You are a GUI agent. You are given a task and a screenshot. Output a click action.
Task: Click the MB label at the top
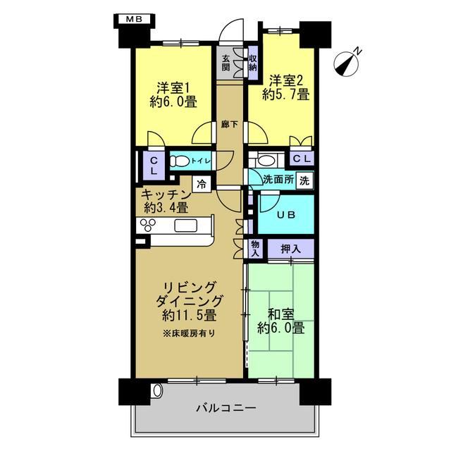[135, 19]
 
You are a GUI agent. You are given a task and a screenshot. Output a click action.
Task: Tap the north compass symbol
[347, 63]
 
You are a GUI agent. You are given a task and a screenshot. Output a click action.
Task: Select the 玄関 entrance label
[225, 63]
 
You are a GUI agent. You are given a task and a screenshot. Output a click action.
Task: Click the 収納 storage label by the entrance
[253, 63]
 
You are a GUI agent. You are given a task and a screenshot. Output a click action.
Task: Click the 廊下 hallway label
[230, 124]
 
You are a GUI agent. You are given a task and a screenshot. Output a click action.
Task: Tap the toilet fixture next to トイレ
[178, 161]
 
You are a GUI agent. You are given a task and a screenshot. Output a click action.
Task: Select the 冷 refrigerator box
[202, 184]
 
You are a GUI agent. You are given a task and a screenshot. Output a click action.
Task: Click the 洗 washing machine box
[304, 180]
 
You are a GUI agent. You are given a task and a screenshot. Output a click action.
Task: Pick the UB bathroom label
[286, 215]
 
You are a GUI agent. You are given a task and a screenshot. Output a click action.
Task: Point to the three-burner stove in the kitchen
[148, 225]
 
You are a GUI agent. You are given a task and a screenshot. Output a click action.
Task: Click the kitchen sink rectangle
[185, 225]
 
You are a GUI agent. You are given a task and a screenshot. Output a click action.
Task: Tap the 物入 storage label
[255, 249]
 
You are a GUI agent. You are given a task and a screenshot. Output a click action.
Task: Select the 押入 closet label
[291, 249]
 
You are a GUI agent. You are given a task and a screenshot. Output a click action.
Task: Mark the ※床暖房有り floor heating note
[189, 333]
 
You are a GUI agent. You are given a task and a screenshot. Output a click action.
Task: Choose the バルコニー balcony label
[226, 408]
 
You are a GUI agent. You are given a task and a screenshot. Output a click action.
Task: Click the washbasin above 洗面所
[266, 161]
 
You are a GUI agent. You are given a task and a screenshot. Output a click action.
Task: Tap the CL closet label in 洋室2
[302, 159]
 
